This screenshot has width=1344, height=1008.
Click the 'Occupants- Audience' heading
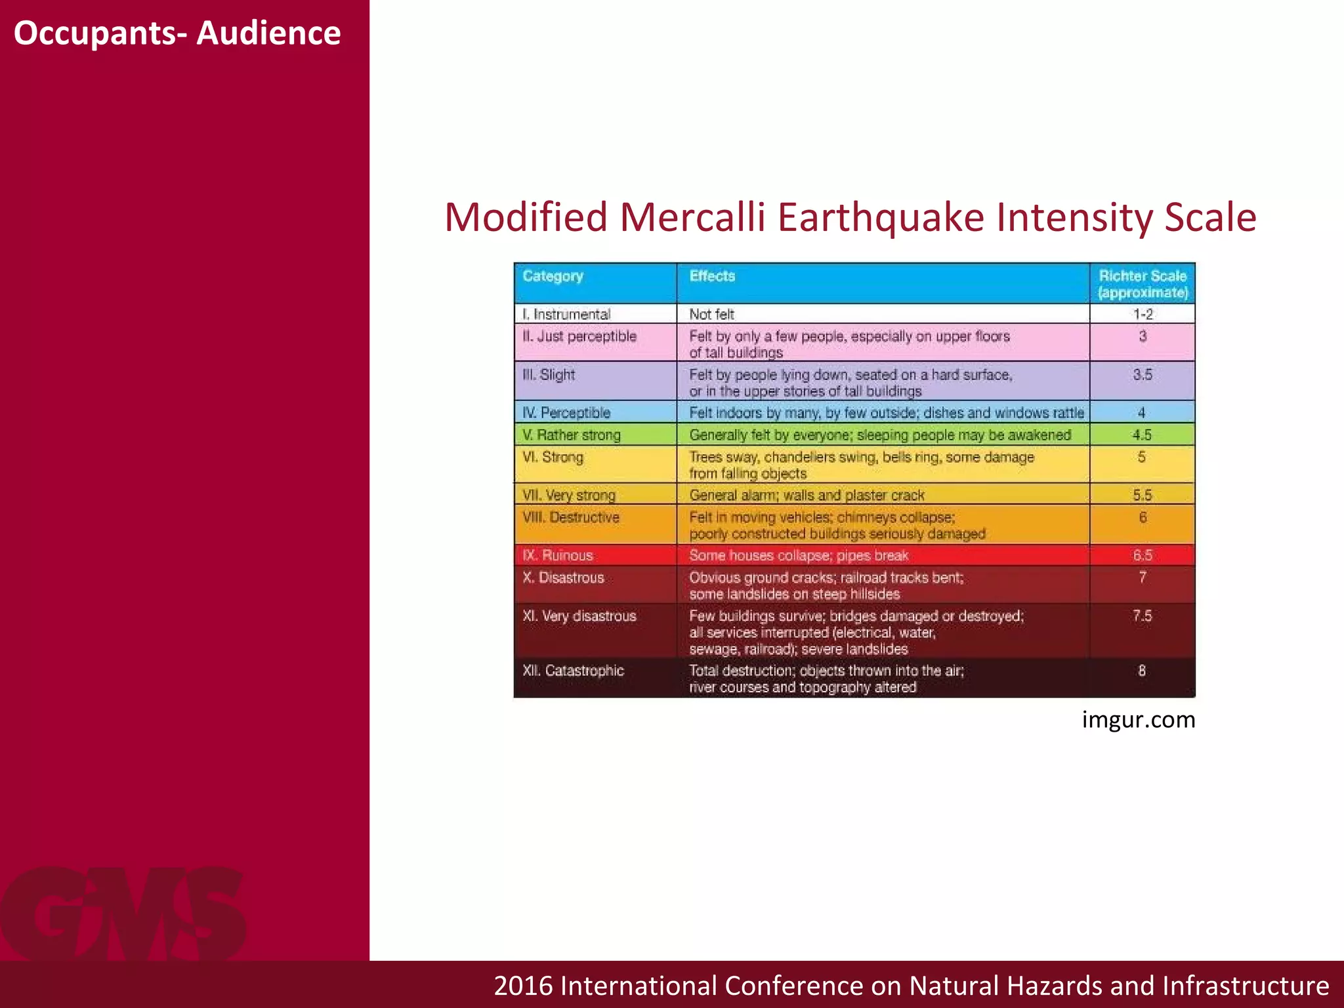(x=177, y=33)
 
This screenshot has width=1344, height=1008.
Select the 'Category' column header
(x=553, y=276)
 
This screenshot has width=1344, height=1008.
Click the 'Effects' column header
(x=712, y=276)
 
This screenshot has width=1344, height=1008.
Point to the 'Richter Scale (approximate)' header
(x=1143, y=284)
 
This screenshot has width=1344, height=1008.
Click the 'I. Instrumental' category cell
(x=566, y=314)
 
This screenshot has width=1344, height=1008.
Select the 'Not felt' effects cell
(x=711, y=314)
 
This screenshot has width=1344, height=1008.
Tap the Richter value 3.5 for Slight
(x=1142, y=375)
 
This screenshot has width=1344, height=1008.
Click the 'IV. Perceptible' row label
(x=566, y=413)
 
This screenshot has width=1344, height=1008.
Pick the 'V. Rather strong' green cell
(x=572, y=435)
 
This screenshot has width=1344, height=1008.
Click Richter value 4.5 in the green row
(x=1142, y=435)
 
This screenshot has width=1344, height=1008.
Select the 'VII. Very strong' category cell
(x=569, y=495)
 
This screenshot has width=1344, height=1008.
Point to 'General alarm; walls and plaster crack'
(x=807, y=495)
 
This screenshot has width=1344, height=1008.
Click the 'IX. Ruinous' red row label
(x=558, y=555)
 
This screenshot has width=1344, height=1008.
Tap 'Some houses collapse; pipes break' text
(x=799, y=555)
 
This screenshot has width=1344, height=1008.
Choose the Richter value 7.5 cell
(x=1142, y=616)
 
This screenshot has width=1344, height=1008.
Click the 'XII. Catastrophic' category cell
(x=573, y=671)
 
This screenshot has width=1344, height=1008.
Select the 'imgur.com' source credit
(x=1138, y=720)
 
